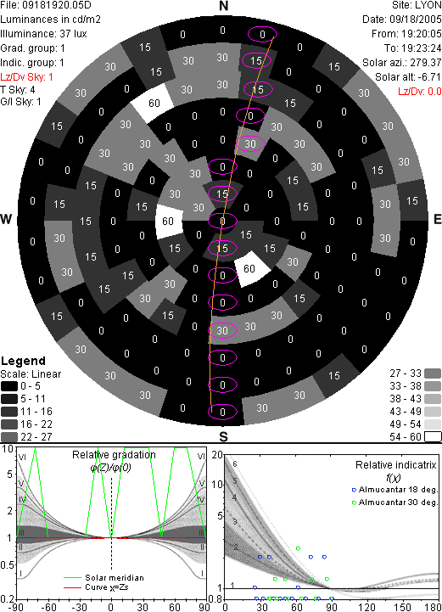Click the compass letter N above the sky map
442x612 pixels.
click(x=223, y=6)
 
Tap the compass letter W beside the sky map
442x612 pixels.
click(x=6, y=219)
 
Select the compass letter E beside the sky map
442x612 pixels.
click(x=437, y=219)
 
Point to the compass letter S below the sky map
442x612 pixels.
click(x=223, y=436)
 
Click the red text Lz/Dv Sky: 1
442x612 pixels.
click(x=26, y=77)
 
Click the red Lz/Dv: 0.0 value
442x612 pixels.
click(x=420, y=92)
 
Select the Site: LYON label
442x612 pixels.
click(x=417, y=5)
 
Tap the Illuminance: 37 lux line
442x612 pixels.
click(x=43, y=34)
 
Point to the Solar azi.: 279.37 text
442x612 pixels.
click(x=402, y=63)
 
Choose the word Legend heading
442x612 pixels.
click(x=24, y=361)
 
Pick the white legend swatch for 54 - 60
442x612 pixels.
click(x=433, y=437)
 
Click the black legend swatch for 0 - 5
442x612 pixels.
click(x=9, y=386)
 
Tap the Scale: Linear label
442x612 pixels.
click(x=31, y=374)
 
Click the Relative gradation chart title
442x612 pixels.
click(x=114, y=455)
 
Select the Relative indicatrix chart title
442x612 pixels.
click(x=396, y=465)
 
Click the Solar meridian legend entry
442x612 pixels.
click(x=115, y=578)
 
